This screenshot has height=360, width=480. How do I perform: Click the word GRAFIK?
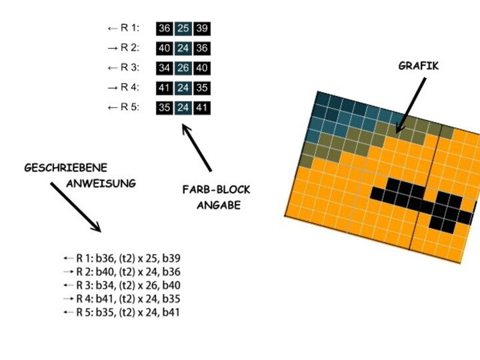pyautogui.click(x=418, y=66)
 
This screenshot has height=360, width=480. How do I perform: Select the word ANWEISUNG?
pyautogui.click(x=101, y=183)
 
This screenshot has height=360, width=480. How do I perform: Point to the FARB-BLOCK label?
pyautogui.click(x=216, y=190)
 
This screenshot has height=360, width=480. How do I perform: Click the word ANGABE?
pyautogui.click(x=218, y=205)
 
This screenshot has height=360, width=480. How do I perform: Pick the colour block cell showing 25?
pyautogui.click(x=183, y=28)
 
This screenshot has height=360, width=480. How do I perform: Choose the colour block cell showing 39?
pyautogui.click(x=202, y=28)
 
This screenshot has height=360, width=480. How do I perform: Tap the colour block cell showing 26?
pyautogui.click(x=183, y=67)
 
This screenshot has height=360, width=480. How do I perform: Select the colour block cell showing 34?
pyautogui.click(x=164, y=67)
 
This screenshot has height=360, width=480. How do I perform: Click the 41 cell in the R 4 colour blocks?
pyautogui.click(x=164, y=87)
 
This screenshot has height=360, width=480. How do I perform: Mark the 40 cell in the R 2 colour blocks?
pyautogui.click(x=164, y=48)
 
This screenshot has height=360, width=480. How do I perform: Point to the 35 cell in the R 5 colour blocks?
pyautogui.click(x=164, y=107)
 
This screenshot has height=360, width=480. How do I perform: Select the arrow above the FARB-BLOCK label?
pyautogui.click(x=197, y=147)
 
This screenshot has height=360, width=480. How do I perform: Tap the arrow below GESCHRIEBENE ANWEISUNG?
pyautogui.click(x=75, y=207)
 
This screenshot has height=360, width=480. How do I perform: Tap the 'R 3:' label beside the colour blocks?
pyautogui.click(x=129, y=67)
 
